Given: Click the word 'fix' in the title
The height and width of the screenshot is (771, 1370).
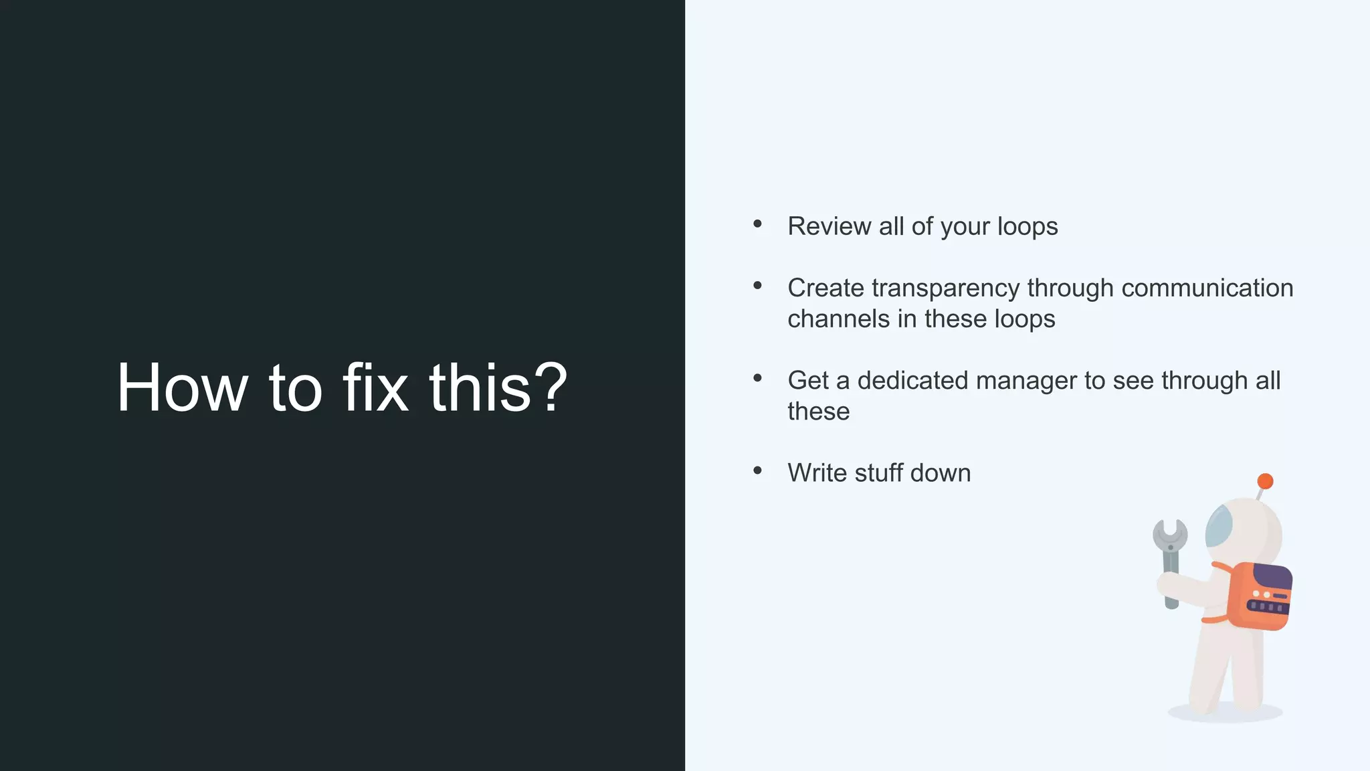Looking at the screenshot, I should click(375, 388).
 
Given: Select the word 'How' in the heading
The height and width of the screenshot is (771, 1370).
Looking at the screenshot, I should click(182, 388).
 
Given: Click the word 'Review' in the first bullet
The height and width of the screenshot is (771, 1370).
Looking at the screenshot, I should click(829, 226).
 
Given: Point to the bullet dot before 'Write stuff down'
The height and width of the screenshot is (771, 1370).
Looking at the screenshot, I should click(757, 470).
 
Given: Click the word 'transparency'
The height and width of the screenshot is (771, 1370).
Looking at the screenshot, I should click(946, 288).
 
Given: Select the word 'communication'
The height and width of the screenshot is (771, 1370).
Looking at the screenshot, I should click(1207, 288).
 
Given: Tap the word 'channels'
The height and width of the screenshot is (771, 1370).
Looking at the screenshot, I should click(838, 319).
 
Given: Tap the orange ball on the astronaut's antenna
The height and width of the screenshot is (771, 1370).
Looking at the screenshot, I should click(1265, 481).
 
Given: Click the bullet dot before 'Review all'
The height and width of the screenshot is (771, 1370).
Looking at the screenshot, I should click(757, 224).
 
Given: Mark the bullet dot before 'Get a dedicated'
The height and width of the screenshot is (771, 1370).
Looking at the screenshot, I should click(757, 378).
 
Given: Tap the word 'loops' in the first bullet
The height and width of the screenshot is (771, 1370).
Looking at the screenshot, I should click(1027, 227).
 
